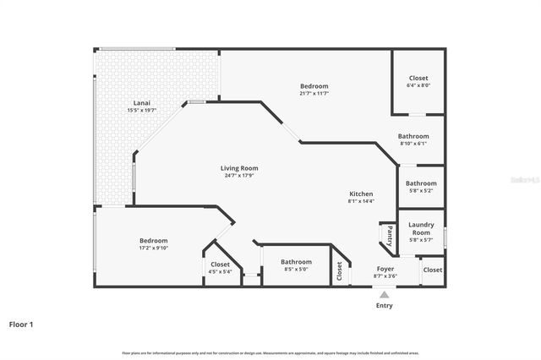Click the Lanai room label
click(141, 102)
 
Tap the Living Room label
click(239, 167)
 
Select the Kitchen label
click(360, 194)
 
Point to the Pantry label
click(389, 235)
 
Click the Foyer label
click(385, 269)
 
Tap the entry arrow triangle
click(385, 295)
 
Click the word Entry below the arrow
click(385, 306)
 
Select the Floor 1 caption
click(21, 324)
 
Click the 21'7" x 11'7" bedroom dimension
click(314, 94)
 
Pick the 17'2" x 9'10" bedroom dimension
click(153, 248)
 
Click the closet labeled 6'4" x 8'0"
click(418, 85)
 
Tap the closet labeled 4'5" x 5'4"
click(220, 272)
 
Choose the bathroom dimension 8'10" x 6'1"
click(413, 144)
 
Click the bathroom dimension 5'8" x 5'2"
click(420, 191)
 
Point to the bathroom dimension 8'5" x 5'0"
click(296, 270)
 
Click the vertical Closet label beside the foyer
click(340, 271)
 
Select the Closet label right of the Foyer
click(432, 270)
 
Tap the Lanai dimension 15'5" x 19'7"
click(141, 110)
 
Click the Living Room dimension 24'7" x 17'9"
click(239, 175)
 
